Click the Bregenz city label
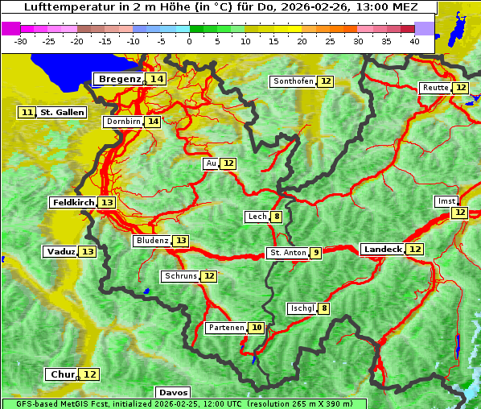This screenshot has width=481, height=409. click(x=119, y=79)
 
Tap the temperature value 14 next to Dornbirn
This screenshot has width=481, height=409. click(x=153, y=122)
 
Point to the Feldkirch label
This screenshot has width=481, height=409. click(x=72, y=202)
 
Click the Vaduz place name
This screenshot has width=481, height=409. click(x=60, y=251)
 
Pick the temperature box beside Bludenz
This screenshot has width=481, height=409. click(x=181, y=241)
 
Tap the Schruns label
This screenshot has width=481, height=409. click(x=180, y=276)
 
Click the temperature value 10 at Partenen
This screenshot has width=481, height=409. click(x=256, y=328)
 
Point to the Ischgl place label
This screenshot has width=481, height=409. click(x=302, y=308)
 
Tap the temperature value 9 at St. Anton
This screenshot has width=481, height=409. click(x=316, y=253)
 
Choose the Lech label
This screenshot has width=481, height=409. click(x=257, y=217)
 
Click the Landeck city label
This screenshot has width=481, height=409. click(x=382, y=250)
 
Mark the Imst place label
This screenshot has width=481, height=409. click(x=445, y=200)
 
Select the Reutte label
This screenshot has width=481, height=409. click(x=435, y=88)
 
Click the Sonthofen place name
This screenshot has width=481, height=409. click(x=293, y=81)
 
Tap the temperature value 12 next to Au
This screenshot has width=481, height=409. click(x=228, y=163)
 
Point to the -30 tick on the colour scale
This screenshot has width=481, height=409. click(x=21, y=41)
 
